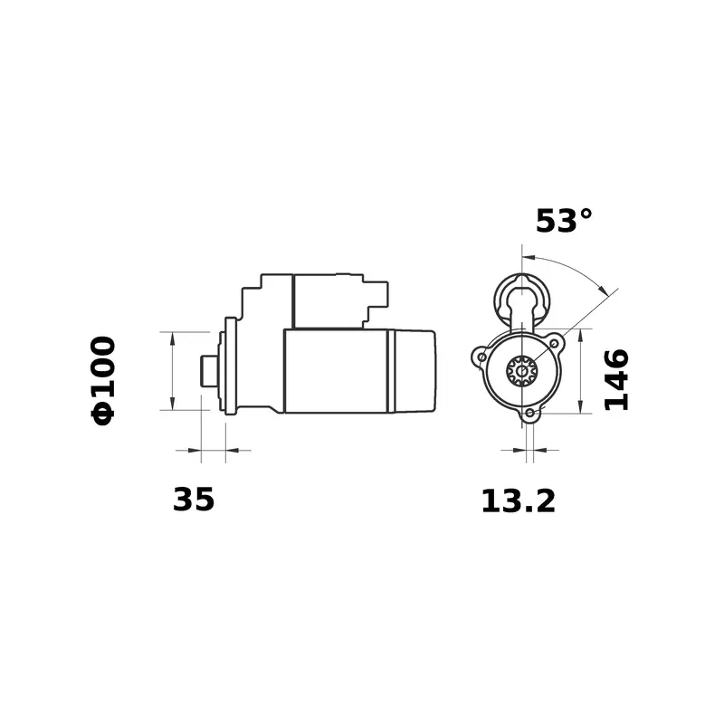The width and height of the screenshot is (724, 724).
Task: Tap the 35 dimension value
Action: tap(194, 499)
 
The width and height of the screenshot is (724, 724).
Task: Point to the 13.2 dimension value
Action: tap(518, 500)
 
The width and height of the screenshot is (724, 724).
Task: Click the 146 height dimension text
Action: tap(616, 379)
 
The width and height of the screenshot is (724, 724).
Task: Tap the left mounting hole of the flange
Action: tap(482, 358)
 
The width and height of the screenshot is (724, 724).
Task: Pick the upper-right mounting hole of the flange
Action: tap(553, 344)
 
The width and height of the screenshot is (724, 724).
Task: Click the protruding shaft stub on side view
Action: tap(208, 369)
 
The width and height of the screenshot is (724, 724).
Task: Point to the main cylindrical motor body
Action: tap(335, 371)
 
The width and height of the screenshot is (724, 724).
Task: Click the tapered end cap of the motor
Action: tap(416, 371)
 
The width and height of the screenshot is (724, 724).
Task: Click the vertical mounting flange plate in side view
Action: tap(230, 367)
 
